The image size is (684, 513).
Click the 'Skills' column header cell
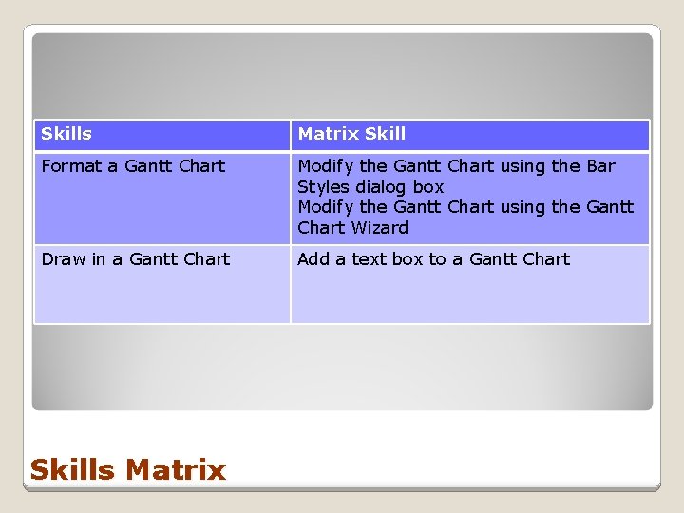[161, 135]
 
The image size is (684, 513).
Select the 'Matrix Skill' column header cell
[469, 135]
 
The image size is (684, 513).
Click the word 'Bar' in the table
[600, 166]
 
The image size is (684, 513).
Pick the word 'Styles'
[323, 187]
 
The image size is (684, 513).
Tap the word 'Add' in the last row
[314, 259]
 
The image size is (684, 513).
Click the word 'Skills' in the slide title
[73, 469]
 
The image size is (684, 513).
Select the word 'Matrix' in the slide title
[176, 469]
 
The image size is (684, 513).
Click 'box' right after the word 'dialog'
[427, 187]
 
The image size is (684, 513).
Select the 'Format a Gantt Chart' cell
[161, 198]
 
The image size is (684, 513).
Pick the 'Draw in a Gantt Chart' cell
[161, 284]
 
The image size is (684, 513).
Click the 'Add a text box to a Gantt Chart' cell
[469, 284]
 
